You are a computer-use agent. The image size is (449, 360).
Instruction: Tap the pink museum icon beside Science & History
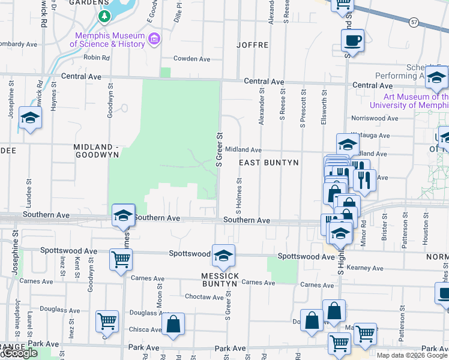tap(155, 40)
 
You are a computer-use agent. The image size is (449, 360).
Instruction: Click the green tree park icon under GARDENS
tap(105, 17)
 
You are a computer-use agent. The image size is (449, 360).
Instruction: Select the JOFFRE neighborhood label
tap(252, 45)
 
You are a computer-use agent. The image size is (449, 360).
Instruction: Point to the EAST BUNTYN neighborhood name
tap(269, 163)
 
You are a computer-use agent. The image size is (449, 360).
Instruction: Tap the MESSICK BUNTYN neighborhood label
tap(220, 280)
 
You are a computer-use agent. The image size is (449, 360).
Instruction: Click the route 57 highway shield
tap(414, 22)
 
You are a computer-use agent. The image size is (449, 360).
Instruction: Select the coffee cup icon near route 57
tap(352, 41)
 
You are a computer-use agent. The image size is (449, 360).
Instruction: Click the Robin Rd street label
tap(97, 58)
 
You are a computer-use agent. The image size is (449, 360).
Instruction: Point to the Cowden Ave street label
tap(191, 59)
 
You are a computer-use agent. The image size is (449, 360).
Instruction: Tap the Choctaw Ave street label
tap(204, 297)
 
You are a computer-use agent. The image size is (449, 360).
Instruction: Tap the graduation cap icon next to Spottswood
tap(223, 256)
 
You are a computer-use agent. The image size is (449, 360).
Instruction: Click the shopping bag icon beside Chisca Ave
tap(173, 323)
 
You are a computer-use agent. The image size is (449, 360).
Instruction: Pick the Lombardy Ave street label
tap(19, 44)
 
